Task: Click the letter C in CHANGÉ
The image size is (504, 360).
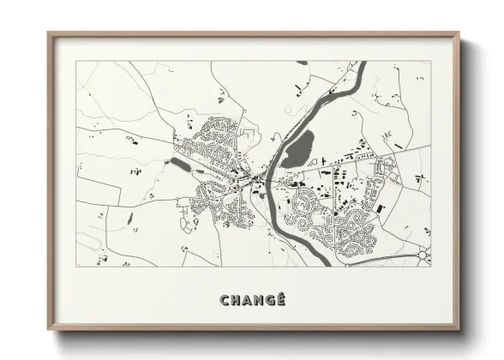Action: click(225, 300)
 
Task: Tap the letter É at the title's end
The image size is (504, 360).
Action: click(279, 300)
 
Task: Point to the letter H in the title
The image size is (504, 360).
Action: click(235, 300)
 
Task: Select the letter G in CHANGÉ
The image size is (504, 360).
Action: click(267, 300)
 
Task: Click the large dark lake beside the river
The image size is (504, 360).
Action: click(297, 150)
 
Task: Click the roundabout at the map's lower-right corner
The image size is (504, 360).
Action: click(423, 255)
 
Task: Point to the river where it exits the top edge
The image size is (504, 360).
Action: click(358, 63)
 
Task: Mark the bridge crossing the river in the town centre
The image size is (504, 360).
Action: click(267, 180)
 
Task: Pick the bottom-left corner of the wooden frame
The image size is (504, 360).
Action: click(49, 331)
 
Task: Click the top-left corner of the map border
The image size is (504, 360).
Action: click(76, 61)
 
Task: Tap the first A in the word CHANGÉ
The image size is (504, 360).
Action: click(245, 300)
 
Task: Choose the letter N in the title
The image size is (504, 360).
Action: click(256, 300)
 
